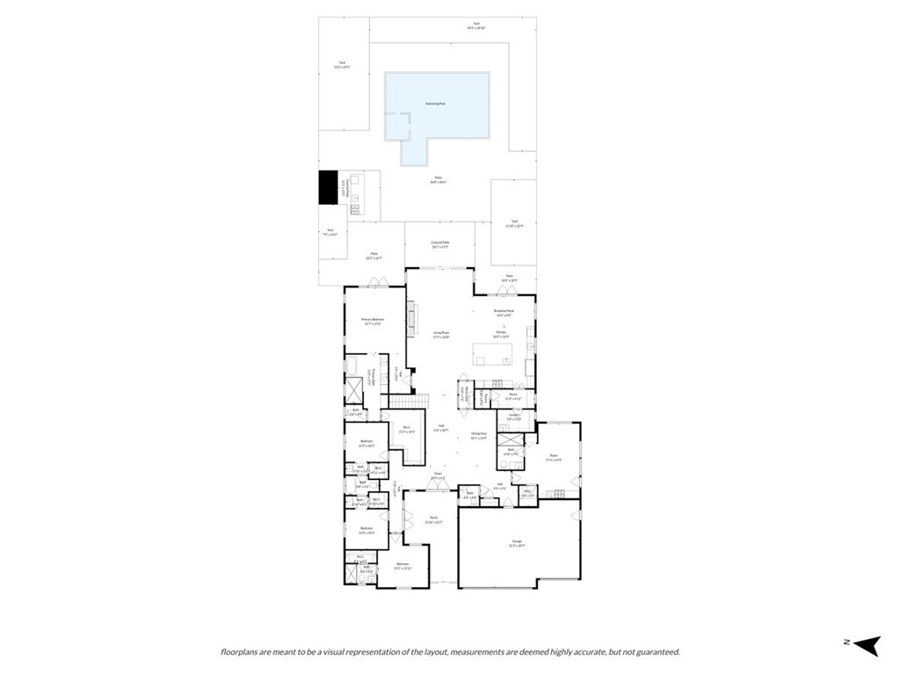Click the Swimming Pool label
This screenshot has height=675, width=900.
click(436, 104)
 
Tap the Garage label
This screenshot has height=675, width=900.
click(517, 543)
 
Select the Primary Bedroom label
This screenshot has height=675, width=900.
click(372, 322)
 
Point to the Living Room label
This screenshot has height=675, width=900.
click(441, 335)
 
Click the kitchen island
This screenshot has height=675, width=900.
click(491, 354)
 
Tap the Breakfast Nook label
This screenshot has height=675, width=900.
click(504, 312)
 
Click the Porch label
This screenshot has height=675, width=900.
click(433, 519)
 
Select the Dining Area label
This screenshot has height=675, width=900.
click(478, 435)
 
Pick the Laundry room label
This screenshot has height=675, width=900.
click(514, 417)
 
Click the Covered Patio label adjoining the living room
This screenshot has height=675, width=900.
click(440, 244)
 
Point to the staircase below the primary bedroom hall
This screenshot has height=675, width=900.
click(409, 401)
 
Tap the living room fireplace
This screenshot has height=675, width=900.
click(410, 316)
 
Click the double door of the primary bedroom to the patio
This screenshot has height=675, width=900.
click(378, 283)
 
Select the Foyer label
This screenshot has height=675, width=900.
click(437, 476)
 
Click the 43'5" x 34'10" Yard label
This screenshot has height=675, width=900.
click(476, 26)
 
